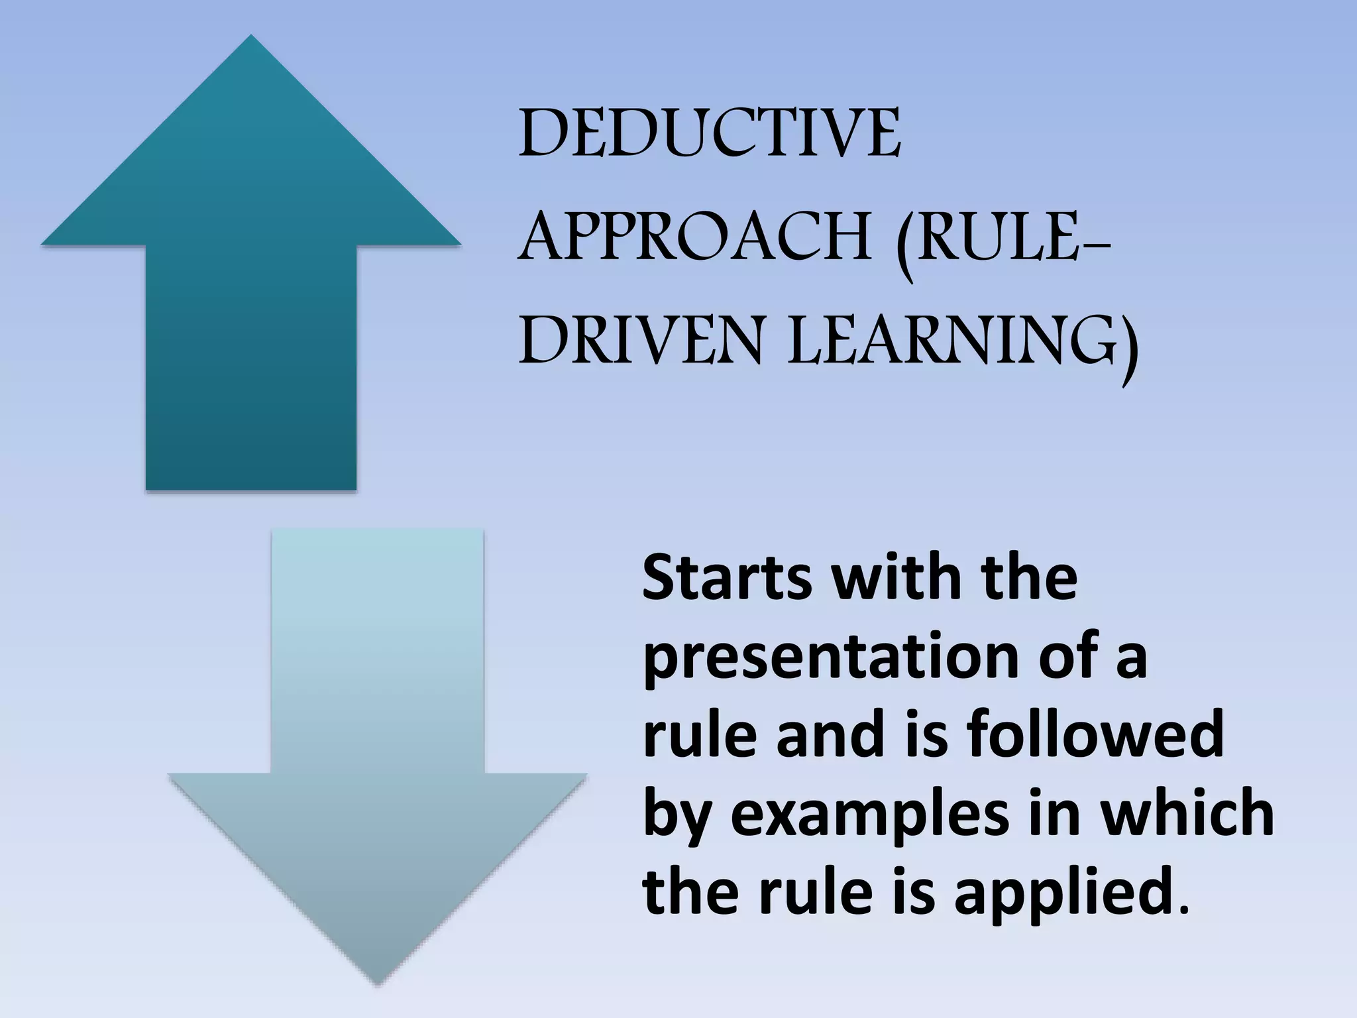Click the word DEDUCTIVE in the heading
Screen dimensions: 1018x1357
pyautogui.click(x=709, y=136)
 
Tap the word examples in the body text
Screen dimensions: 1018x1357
pyautogui.click(x=870, y=814)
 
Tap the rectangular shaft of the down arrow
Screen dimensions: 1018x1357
pyautogui.click(x=378, y=650)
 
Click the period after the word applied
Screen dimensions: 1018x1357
pyautogui.click(x=1185, y=908)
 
